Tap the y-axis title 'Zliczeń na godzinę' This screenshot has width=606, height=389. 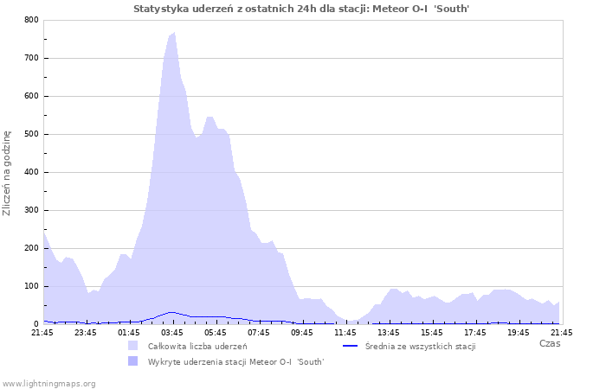8,173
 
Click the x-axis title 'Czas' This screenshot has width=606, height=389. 549,344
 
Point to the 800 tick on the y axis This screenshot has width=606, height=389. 31,20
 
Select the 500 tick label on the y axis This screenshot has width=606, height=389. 31,134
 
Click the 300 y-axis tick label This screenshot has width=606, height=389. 31,210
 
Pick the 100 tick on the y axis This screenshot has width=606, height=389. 31,286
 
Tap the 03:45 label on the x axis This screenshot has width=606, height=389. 172,331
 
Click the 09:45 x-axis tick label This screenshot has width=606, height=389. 302,331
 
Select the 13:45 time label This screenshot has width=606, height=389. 389,331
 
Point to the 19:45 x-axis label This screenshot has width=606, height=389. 519,331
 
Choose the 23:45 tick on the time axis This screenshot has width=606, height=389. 86,331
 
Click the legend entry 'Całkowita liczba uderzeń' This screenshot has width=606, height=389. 197,346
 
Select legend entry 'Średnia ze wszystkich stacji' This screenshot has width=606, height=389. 421,346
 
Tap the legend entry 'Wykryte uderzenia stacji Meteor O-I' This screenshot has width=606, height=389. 235,361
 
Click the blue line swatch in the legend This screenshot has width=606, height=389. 349,346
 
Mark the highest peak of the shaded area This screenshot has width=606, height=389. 174,33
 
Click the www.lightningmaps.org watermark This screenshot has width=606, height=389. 48,383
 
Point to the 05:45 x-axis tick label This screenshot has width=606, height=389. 216,331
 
